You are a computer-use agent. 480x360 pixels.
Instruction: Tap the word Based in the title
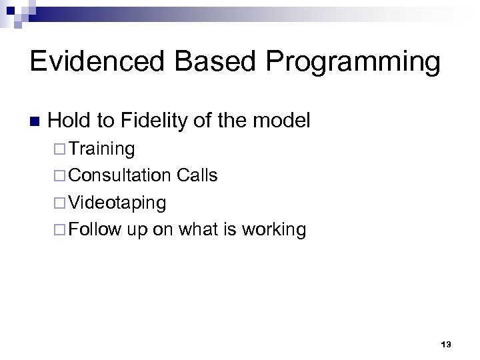click(x=219, y=62)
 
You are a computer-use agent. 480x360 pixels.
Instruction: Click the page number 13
click(x=446, y=344)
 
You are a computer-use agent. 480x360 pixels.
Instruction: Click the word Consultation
click(x=120, y=175)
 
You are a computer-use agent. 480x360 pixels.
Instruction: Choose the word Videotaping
click(x=117, y=203)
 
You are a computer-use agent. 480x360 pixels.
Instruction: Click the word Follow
click(x=94, y=229)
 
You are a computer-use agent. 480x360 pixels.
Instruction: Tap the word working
click(x=274, y=230)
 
